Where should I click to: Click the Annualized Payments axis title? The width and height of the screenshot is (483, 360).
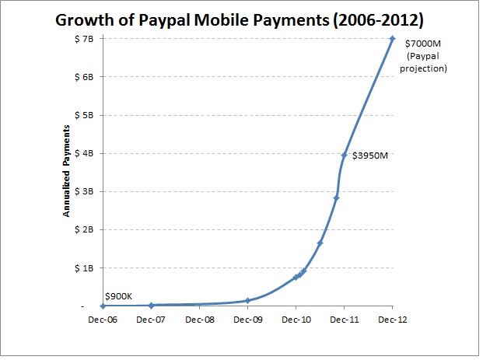(x=68, y=172)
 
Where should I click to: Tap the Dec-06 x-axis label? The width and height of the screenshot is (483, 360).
(x=103, y=319)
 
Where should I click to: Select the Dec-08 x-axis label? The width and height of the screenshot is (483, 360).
(x=199, y=319)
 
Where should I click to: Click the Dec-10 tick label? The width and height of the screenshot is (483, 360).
(x=296, y=319)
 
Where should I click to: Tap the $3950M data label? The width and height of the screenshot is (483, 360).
(x=369, y=156)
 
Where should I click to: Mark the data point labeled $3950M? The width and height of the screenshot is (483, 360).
(x=344, y=155)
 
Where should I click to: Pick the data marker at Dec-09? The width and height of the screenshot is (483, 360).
(x=247, y=300)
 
